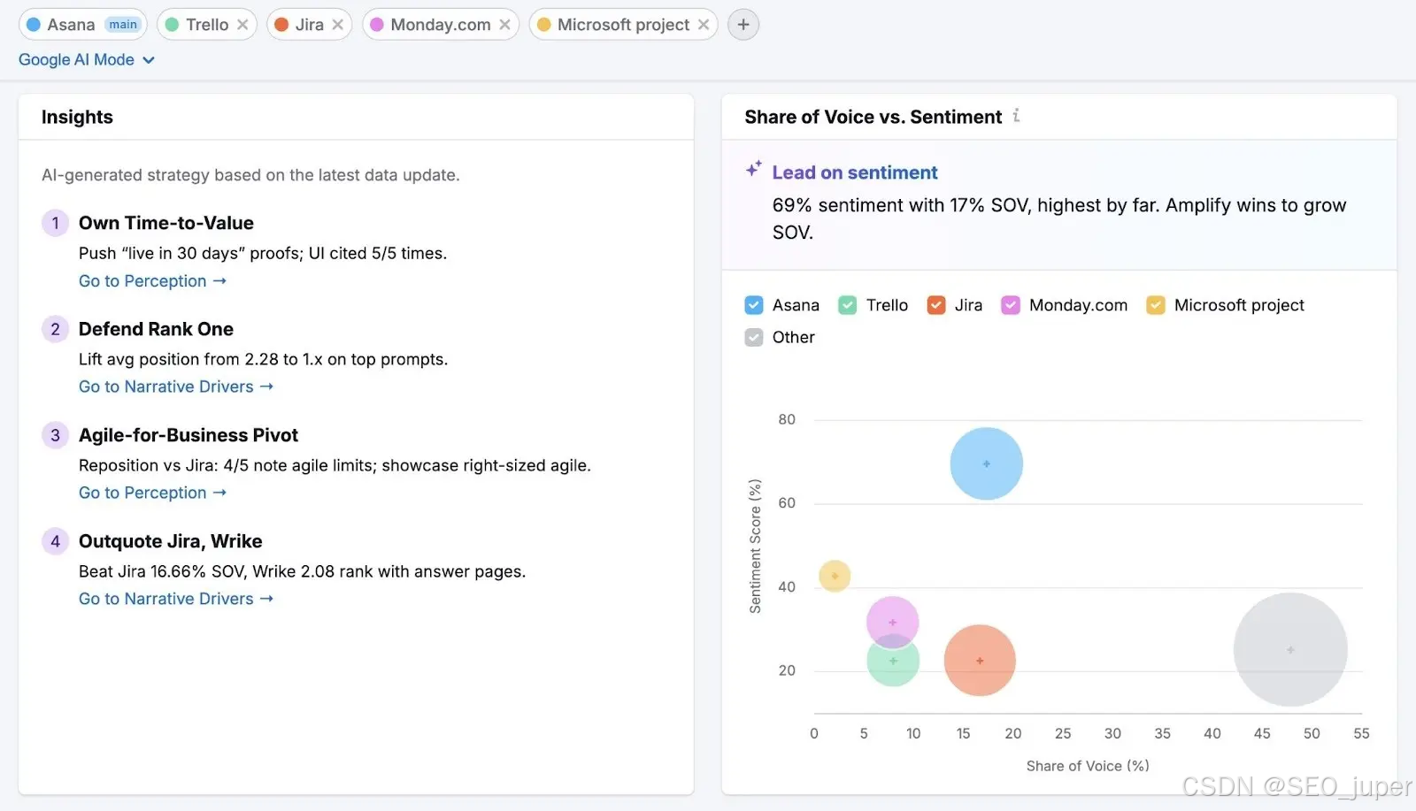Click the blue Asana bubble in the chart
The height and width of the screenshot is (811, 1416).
point(986,463)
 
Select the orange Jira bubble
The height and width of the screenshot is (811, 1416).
point(980,661)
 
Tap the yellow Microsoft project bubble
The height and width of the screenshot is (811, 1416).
point(835,576)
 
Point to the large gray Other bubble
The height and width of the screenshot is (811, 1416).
point(1290,649)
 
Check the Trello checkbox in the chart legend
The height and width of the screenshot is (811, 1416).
point(847,305)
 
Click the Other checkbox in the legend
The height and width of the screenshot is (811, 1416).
point(753,337)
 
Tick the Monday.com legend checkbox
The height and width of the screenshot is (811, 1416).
point(1010,305)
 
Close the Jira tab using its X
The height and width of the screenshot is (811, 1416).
point(337,25)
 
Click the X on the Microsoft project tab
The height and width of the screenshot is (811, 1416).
point(703,25)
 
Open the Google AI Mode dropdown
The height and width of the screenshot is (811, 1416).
point(87,59)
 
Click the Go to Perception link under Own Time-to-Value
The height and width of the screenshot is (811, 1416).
point(152,280)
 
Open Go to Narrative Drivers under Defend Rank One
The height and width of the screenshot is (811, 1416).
point(176,386)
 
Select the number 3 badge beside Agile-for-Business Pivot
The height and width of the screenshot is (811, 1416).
point(55,435)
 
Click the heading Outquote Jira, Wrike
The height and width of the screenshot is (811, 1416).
point(170,541)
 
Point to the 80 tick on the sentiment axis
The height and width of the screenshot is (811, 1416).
point(787,419)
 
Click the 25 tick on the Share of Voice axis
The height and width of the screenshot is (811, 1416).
point(1063,733)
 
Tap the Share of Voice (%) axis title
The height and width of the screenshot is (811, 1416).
point(1088,766)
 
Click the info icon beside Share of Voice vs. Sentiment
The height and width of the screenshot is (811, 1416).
point(1016,116)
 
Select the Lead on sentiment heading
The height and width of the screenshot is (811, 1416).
point(855,172)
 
